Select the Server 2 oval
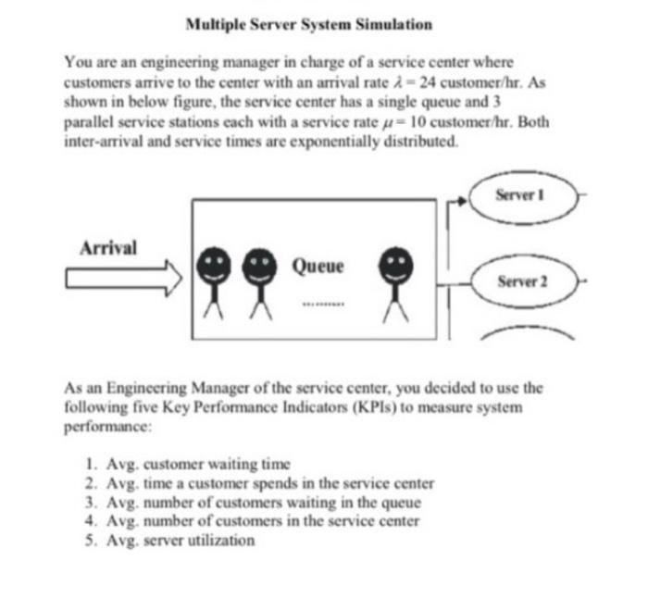pos(522,279)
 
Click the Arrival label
pos(108,248)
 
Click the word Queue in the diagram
pos(318,267)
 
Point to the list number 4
pos(88,521)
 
